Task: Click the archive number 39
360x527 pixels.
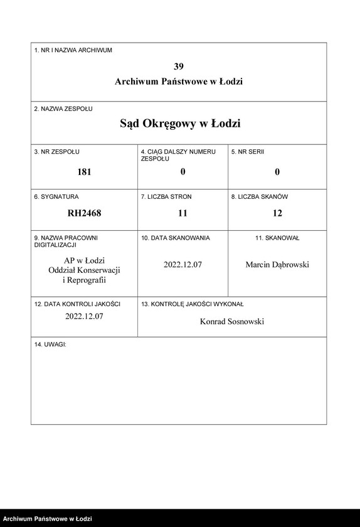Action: pyautogui.click(x=179, y=66)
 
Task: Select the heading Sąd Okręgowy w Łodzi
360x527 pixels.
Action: pyautogui.click(x=180, y=124)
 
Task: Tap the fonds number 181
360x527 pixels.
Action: pyautogui.click(x=84, y=171)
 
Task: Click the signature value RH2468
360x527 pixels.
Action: pyautogui.click(x=84, y=213)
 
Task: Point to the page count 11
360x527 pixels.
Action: pyautogui.click(x=183, y=213)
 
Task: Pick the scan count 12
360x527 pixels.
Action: pyautogui.click(x=277, y=213)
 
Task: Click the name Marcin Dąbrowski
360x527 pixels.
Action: pyautogui.click(x=277, y=264)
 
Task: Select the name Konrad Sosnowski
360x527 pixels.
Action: pyautogui.click(x=232, y=321)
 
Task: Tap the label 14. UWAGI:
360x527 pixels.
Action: pyautogui.click(x=50, y=344)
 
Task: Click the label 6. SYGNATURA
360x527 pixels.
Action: pyautogui.click(x=56, y=196)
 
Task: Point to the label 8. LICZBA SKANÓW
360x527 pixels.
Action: pyautogui.click(x=259, y=196)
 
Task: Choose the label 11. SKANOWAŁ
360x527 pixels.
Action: pyautogui.click(x=277, y=238)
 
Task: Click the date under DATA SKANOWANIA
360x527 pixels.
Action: pyautogui.click(x=183, y=264)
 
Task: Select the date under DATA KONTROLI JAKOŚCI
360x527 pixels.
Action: pyautogui.click(x=84, y=316)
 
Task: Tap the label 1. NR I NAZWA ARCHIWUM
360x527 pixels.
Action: pyautogui.click(x=73, y=50)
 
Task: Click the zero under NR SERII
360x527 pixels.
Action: pyautogui.click(x=277, y=171)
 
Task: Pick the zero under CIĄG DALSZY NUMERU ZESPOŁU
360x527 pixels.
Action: pyautogui.click(x=183, y=171)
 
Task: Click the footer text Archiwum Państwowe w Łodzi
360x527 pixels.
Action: pyautogui.click(x=48, y=519)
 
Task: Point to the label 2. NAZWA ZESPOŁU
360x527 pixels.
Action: pyautogui.click(x=63, y=109)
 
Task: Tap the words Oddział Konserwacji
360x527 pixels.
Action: pyautogui.click(x=84, y=270)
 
